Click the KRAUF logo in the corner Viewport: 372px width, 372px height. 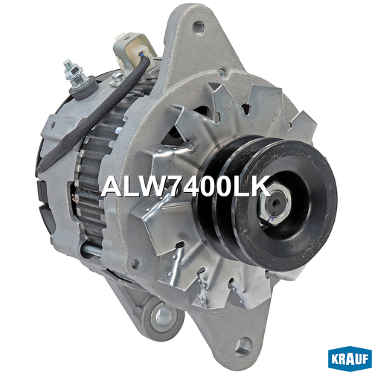[x=350, y=360]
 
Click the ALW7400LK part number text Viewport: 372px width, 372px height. [x=185, y=186]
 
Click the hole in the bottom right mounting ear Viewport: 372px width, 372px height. [x=243, y=345]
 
